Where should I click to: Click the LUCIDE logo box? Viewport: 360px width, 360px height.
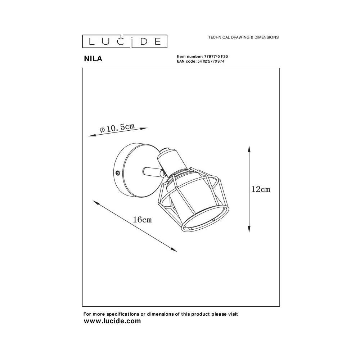tap(125, 41)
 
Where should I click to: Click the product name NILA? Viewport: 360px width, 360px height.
tap(93, 59)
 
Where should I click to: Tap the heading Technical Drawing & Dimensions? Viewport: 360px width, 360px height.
tap(243, 37)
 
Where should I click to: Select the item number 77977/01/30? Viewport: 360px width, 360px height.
tap(216, 57)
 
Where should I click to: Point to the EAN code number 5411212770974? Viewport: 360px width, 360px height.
tap(211, 61)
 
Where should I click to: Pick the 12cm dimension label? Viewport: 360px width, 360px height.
tap(261, 189)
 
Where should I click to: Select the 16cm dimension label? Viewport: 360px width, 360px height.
tap(142, 220)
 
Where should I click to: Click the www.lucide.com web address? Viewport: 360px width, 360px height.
tap(112, 321)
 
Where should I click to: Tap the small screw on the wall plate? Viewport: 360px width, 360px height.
tap(118, 173)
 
